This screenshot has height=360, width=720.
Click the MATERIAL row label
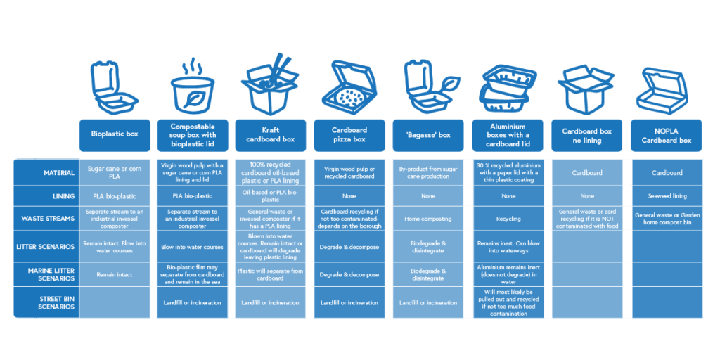[45, 173]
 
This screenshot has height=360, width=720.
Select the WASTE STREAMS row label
[45, 218]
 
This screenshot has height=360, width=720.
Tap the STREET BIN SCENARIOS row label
[45, 303]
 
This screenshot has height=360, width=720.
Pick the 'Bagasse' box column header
[428, 134]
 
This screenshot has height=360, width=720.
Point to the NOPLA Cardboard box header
[667, 136]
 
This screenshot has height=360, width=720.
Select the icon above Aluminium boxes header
[508, 88]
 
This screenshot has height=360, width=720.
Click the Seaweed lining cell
[667, 196]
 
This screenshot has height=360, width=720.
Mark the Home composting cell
[428, 219]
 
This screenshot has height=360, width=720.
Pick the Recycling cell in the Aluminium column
[508, 219]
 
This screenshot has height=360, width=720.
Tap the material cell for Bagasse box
[428, 173]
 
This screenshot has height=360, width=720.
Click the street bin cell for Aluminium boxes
[508, 302]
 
